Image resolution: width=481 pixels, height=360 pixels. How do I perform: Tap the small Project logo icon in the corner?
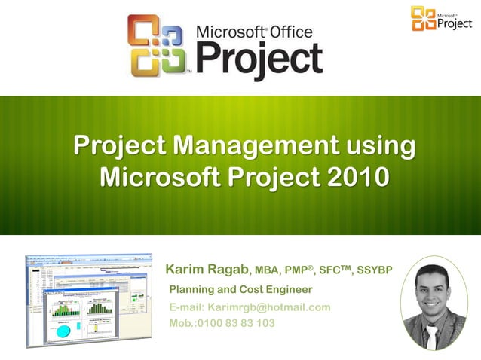tap(423, 18)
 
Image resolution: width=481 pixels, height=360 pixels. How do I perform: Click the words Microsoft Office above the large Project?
tap(254, 32)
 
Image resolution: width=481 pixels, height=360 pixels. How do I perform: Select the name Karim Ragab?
tap(207, 270)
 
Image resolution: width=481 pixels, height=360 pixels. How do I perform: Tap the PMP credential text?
tap(299, 270)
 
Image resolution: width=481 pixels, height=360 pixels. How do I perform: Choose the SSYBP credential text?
tap(374, 270)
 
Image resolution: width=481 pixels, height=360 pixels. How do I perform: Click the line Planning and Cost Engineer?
tap(240, 290)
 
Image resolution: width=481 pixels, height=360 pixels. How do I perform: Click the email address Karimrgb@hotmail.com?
tap(269, 307)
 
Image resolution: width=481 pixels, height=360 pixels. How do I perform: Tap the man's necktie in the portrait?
tap(431, 336)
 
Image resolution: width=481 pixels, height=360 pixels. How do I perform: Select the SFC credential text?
tap(334, 270)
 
